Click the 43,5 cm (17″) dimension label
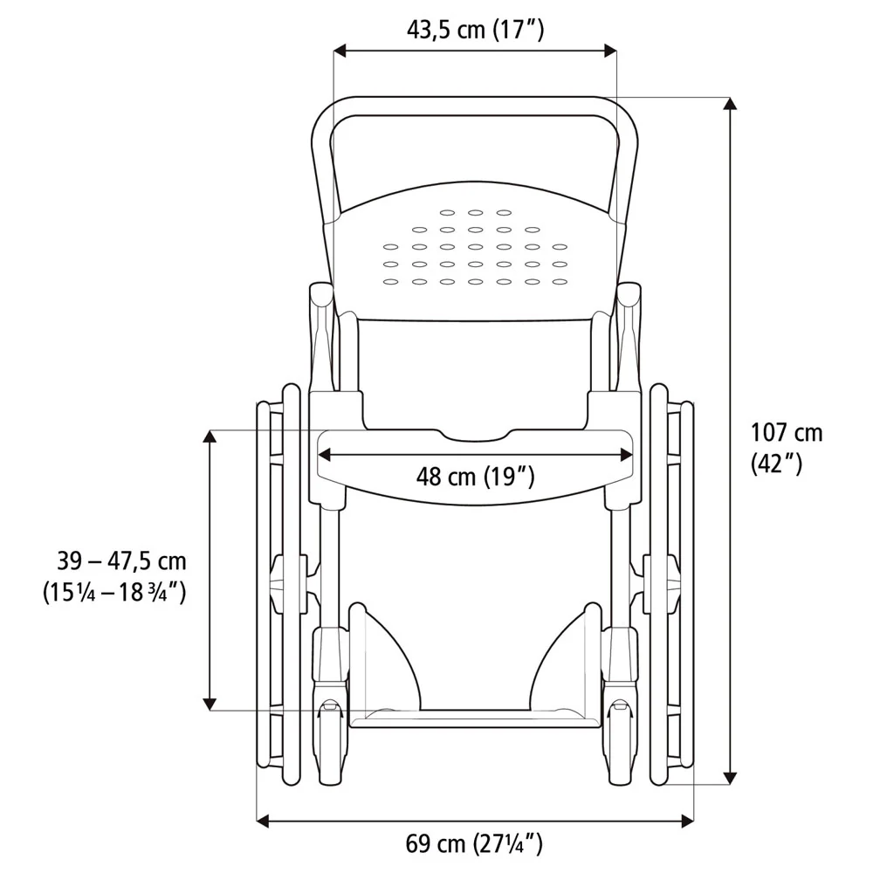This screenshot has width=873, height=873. (475, 29)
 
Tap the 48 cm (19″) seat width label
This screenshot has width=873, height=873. (475, 477)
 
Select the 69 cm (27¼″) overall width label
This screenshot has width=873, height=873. (474, 844)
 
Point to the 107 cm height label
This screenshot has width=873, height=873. (787, 433)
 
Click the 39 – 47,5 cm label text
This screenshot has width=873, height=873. (121, 560)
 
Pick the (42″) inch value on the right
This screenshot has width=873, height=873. (777, 464)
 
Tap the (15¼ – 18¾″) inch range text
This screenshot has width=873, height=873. (114, 592)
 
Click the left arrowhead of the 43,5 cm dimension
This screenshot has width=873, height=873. (340, 52)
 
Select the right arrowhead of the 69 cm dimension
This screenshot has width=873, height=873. (688, 820)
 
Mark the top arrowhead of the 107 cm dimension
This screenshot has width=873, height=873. (730, 104)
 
